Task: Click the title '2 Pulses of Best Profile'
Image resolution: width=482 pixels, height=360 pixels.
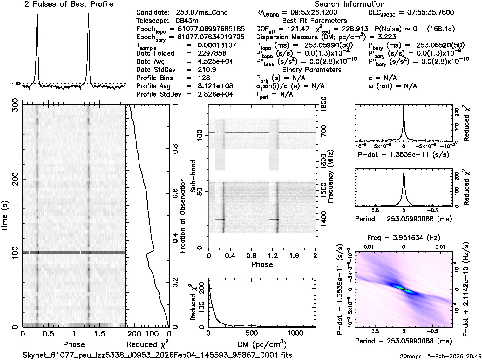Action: point(69,4)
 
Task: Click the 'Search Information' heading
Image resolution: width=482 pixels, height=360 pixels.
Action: point(350,4)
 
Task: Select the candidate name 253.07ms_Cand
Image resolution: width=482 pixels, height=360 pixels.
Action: point(202,13)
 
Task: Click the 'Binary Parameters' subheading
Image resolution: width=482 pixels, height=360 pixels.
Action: point(312,70)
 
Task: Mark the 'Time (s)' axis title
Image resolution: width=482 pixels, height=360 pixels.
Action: point(5,216)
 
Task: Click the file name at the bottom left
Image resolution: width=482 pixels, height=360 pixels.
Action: point(158,355)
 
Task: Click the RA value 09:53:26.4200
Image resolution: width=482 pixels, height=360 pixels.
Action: point(310,13)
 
